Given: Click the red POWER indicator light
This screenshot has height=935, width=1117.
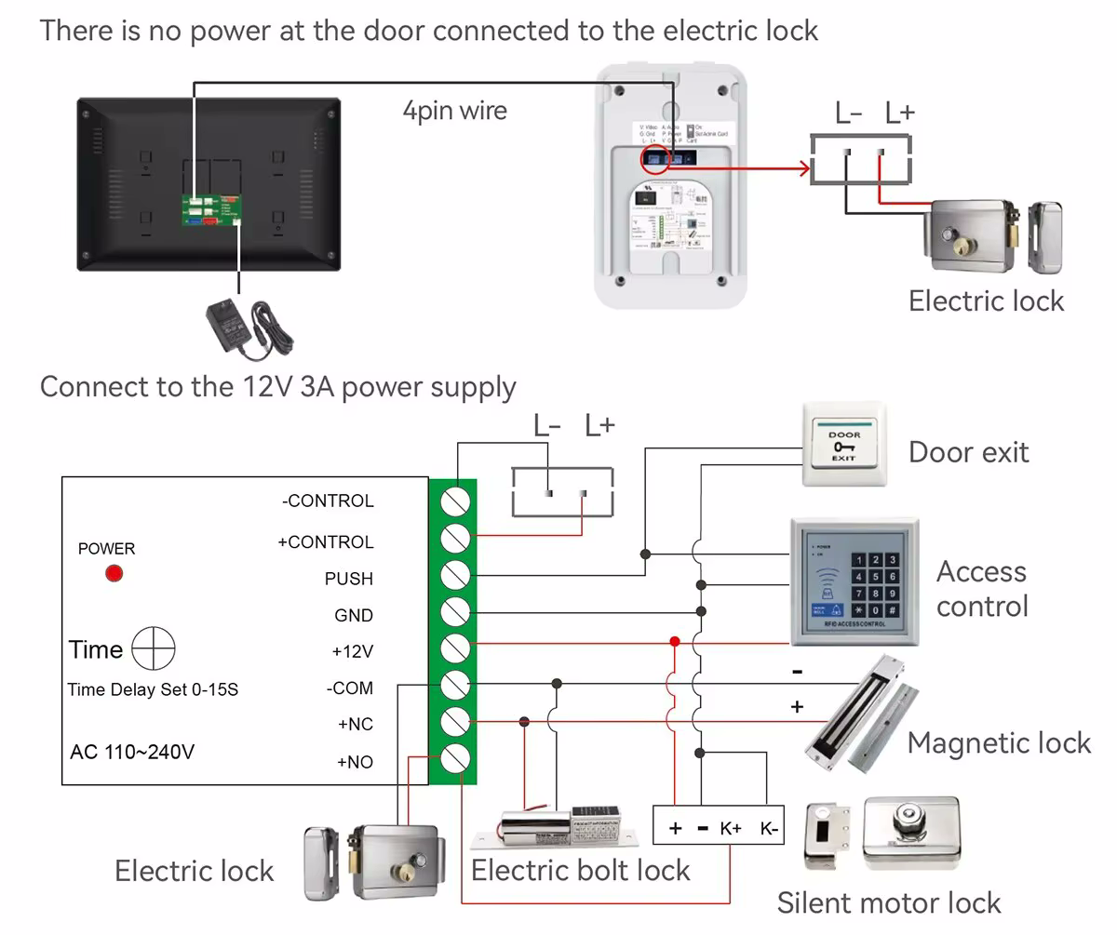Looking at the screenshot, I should pyautogui.click(x=114, y=573).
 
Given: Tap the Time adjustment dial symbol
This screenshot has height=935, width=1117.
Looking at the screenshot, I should pyautogui.click(x=154, y=648).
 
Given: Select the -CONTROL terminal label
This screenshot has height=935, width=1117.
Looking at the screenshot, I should pyautogui.click(x=328, y=501).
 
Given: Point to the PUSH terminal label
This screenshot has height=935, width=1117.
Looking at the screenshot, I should pyautogui.click(x=348, y=579).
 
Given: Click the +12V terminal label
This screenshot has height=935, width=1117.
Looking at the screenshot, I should pyautogui.click(x=352, y=651).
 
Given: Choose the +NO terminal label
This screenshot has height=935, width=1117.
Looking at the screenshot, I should pyautogui.click(x=355, y=762).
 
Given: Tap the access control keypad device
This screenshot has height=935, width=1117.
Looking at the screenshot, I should pyautogui.click(x=854, y=582).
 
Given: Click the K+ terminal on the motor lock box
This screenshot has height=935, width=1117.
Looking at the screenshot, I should pyautogui.click(x=731, y=828).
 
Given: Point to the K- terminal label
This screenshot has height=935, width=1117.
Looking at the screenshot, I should pyautogui.click(x=769, y=828).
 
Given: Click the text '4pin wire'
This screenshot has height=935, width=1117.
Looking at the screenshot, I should pyautogui.click(x=454, y=111).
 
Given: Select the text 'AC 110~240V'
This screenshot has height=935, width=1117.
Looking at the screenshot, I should pyautogui.click(x=132, y=752).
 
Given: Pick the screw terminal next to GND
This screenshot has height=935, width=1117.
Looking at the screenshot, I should pyautogui.click(x=454, y=611).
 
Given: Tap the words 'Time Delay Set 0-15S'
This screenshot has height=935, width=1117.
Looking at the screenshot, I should pyautogui.click(x=153, y=690).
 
